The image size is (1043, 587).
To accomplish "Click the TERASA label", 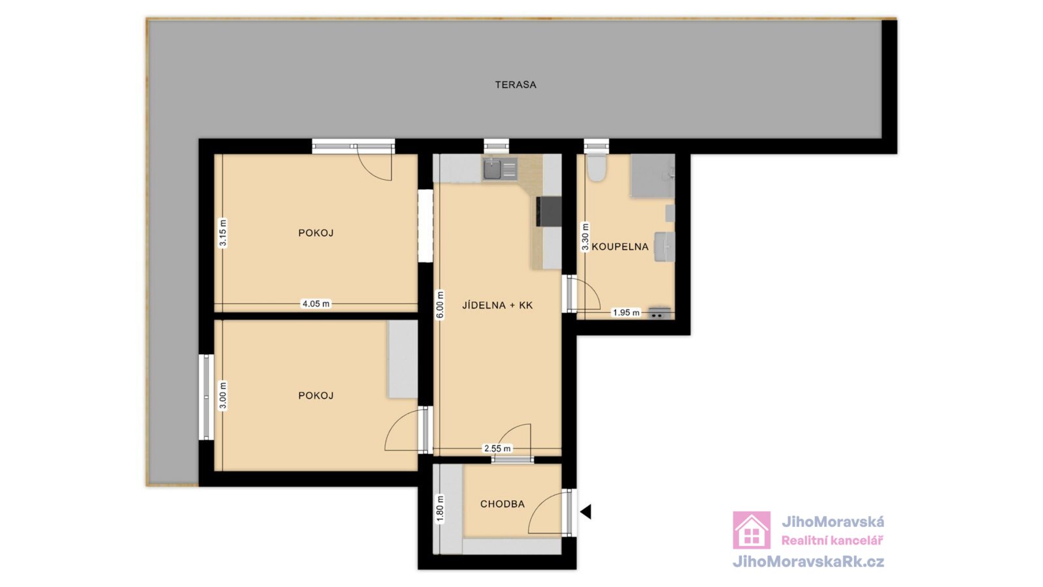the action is pyautogui.click(x=516, y=85).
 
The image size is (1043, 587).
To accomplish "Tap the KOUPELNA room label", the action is pyautogui.click(x=620, y=247).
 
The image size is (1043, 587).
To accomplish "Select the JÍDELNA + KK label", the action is pyautogui.click(x=497, y=305).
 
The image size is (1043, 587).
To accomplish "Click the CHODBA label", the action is pyautogui.click(x=503, y=504).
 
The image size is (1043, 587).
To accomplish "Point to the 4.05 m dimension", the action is pyautogui.click(x=316, y=304).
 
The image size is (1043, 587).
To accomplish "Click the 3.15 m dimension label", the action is pyautogui.click(x=223, y=233).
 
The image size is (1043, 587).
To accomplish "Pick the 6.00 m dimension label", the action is pyautogui.click(x=439, y=305).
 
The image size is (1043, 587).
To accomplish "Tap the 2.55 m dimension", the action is pyautogui.click(x=497, y=449).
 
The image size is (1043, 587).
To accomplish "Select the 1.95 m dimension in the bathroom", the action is pyautogui.click(x=626, y=312).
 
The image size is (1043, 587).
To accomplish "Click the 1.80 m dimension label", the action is pyautogui.click(x=439, y=509).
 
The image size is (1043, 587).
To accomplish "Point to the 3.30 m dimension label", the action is pyautogui.click(x=585, y=237).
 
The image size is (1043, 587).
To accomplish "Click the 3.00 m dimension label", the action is pyautogui.click(x=223, y=395).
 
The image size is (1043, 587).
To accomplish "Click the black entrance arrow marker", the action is pyautogui.click(x=586, y=511).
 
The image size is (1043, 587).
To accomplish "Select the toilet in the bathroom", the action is pyautogui.click(x=596, y=168).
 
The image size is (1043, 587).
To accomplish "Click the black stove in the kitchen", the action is pyautogui.click(x=549, y=211).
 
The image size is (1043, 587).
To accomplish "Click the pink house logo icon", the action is pyautogui.click(x=752, y=530).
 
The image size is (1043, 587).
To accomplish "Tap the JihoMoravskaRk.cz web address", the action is pyautogui.click(x=808, y=562).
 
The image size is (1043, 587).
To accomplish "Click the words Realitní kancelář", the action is pyautogui.click(x=832, y=541).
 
